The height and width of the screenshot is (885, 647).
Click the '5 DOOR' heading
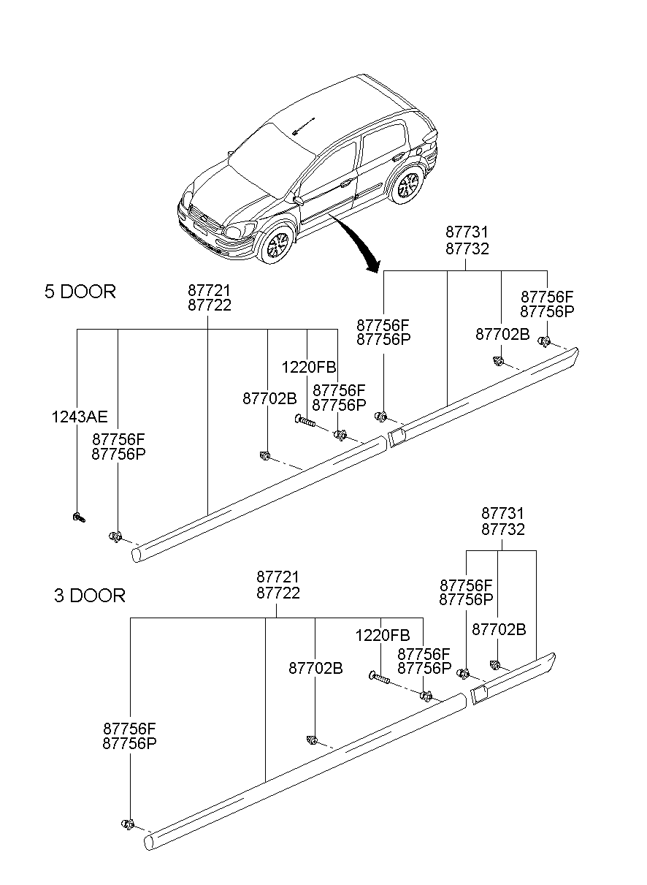point(80,292)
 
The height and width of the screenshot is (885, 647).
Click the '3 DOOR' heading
point(89,596)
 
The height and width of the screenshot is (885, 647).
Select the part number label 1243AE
point(79,417)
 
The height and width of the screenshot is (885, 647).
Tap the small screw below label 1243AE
point(78,518)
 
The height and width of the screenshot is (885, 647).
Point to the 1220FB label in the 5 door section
point(309,368)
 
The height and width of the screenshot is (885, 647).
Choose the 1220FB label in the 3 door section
point(382,636)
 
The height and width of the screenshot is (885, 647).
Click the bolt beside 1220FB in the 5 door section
point(305,420)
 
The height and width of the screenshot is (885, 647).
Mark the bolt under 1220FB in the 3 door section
point(380,678)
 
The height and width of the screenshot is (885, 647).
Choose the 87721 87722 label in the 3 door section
point(277,585)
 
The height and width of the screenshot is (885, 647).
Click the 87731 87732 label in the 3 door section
point(502,522)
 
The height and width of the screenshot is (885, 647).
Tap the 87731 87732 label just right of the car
point(467,240)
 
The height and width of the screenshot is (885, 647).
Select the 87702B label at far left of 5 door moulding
point(269,398)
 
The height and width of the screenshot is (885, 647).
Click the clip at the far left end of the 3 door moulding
point(129,824)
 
